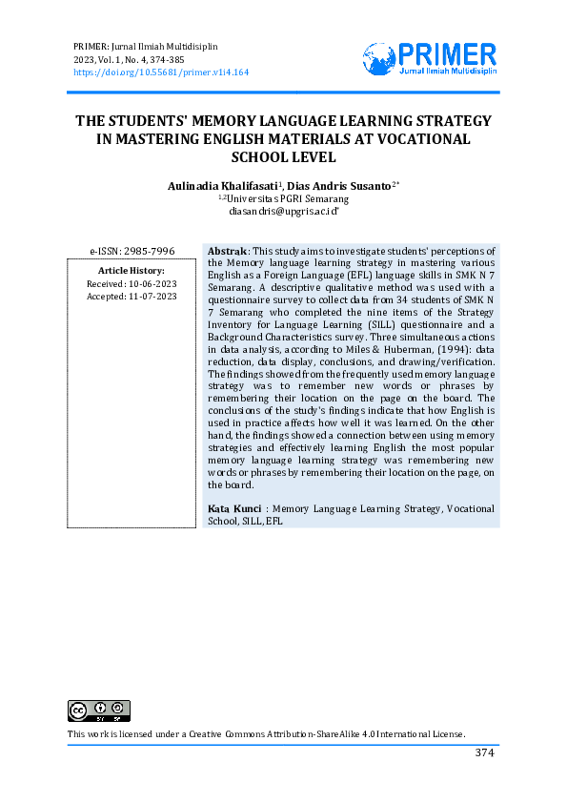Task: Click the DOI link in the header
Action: coord(161,72)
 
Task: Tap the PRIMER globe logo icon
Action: coord(378,58)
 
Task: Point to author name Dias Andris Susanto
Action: coord(340,185)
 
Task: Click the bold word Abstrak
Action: coord(229,251)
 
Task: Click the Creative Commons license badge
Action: coord(98,710)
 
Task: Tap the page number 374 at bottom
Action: coord(485,753)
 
